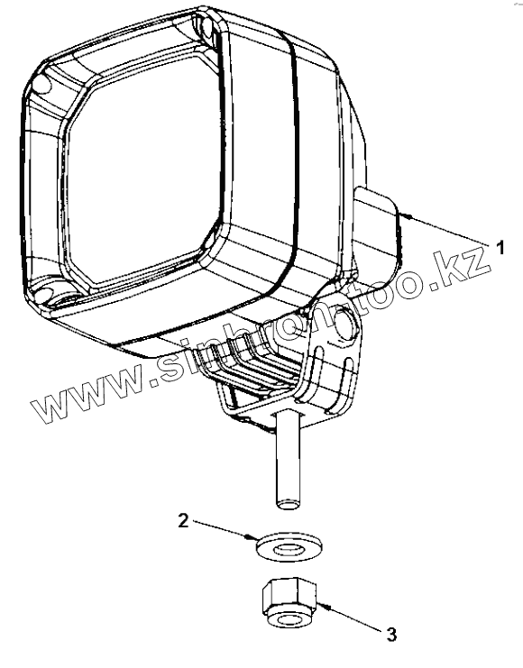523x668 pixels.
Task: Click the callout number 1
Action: (500, 248)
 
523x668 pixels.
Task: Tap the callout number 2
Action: (183, 520)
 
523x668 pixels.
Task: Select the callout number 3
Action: (391, 635)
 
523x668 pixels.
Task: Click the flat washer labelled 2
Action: (289, 547)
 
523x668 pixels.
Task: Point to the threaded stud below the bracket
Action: (288, 459)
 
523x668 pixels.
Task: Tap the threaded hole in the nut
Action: (289, 618)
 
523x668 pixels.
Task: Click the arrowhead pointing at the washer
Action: (251, 536)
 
